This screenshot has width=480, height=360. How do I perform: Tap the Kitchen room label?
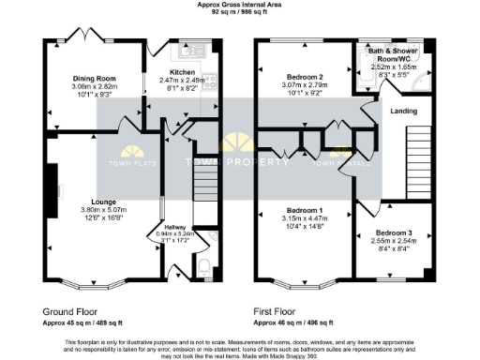pyautogui.click(x=182, y=71)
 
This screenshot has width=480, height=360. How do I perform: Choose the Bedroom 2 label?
pyautogui.click(x=304, y=78)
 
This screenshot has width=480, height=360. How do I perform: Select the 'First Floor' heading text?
pyautogui.click(x=282, y=309)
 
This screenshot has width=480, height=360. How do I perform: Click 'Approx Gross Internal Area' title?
pyautogui.click(x=240, y=5)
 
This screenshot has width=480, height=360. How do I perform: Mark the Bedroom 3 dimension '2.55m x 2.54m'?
pyautogui.click(x=393, y=239)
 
